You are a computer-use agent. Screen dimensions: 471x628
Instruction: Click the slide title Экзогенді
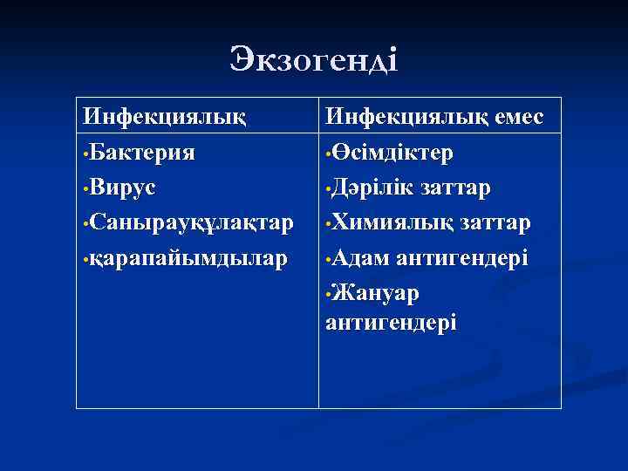[314, 59]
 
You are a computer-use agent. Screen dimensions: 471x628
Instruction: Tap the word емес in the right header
[514, 116]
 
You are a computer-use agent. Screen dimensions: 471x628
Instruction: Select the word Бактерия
[144, 153]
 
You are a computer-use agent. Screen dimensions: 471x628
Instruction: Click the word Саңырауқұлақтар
[192, 223]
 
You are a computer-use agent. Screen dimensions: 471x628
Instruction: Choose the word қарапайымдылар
[187, 259]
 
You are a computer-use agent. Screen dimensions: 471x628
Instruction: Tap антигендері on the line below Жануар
[390, 322]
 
